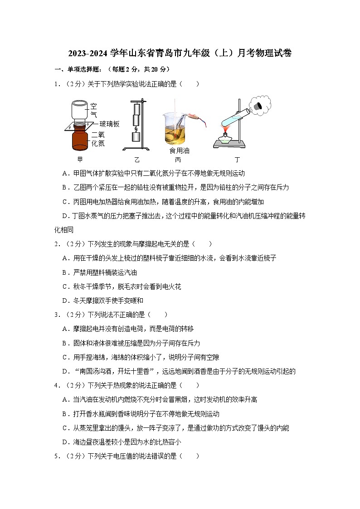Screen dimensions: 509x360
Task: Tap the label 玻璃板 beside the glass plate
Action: pos(109,124)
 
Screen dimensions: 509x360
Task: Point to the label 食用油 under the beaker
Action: pos(179,150)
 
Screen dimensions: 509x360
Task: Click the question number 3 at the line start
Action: pos(56,315)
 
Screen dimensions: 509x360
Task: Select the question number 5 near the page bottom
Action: pos(56,456)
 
